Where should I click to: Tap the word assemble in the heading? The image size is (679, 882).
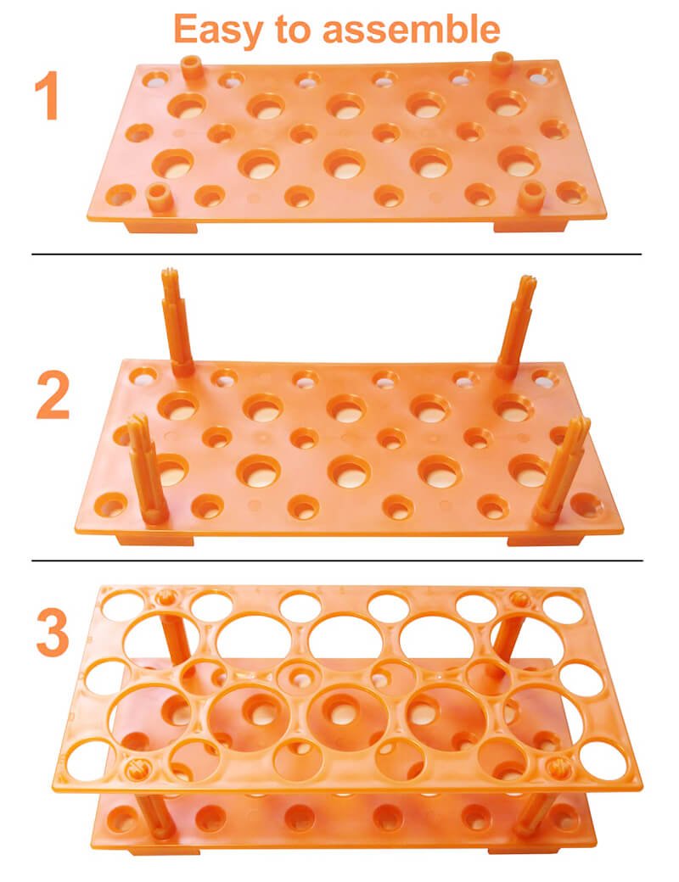[411, 28]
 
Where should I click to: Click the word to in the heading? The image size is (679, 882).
[293, 29]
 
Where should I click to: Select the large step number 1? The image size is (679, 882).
[48, 96]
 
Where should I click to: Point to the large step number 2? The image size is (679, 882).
[53, 397]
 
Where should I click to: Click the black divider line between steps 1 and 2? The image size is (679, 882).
[337, 254]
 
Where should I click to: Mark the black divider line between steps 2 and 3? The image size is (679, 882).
[337, 561]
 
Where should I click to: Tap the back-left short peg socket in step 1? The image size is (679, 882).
[193, 68]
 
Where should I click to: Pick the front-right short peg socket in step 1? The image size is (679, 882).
[530, 196]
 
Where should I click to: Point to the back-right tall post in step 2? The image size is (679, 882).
[515, 327]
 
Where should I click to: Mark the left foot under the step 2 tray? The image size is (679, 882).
[154, 539]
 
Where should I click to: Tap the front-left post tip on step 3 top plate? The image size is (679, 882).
[137, 769]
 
